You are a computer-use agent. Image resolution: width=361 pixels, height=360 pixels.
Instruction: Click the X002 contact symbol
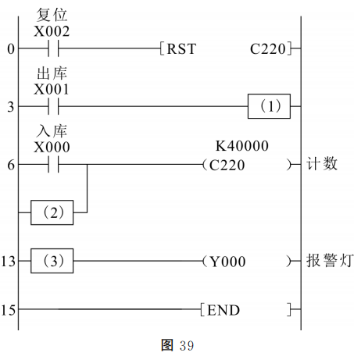pyautogui.click(x=53, y=48)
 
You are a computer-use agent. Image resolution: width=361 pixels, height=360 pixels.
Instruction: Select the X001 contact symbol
pyautogui.click(x=53, y=106)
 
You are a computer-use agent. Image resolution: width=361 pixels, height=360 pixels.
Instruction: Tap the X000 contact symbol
pyautogui.click(x=53, y=164)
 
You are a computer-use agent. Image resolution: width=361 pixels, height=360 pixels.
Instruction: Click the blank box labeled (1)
pyautogui.click(x=269, y=106)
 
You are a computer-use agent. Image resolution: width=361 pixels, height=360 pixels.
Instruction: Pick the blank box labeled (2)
pyautogui.click(x=52, y=212)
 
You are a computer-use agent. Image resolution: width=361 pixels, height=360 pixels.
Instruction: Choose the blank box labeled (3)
pyautogui.click(x=52, y=261)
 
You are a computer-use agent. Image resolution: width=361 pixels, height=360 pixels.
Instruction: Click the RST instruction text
pyautogui.click(x=181, y=49)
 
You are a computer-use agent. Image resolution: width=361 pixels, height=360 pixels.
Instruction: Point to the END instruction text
pyautogui.click(x=223, y=310)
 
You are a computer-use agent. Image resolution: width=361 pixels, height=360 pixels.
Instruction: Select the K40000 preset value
pyautogui.click(x=242, y=146)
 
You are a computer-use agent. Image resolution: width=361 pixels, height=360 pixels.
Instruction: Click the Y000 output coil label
pyautogui.click(x=227, y=262)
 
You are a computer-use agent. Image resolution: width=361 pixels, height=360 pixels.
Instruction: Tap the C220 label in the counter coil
pyautogui.click(x=227, y=165)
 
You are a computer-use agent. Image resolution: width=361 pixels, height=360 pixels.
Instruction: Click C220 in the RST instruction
pyautogui.click(x=268, y=49)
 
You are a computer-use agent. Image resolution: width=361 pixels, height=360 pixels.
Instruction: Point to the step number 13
pyautogui.click(x=8, y=261)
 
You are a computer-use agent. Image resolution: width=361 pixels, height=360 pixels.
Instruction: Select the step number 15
pyautogui.click(x=8, y=310)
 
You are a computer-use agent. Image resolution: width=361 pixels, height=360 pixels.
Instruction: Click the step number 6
pyautogui.click(x=11, y=165)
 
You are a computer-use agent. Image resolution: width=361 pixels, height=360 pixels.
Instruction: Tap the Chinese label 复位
pyautogui.click(x=52, y=15)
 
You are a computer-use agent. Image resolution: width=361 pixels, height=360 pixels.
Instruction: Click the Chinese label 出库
pyautogui.click(x=52, y=73)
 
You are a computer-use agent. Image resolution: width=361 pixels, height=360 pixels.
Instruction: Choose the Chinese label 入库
pyautogui.click(x=52, y=131)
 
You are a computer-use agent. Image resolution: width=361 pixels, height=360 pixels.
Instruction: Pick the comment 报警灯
pyautogui.click(x=330, y=260)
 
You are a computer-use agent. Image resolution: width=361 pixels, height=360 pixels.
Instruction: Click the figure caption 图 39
pyautogui.click(x=177, y=345)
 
